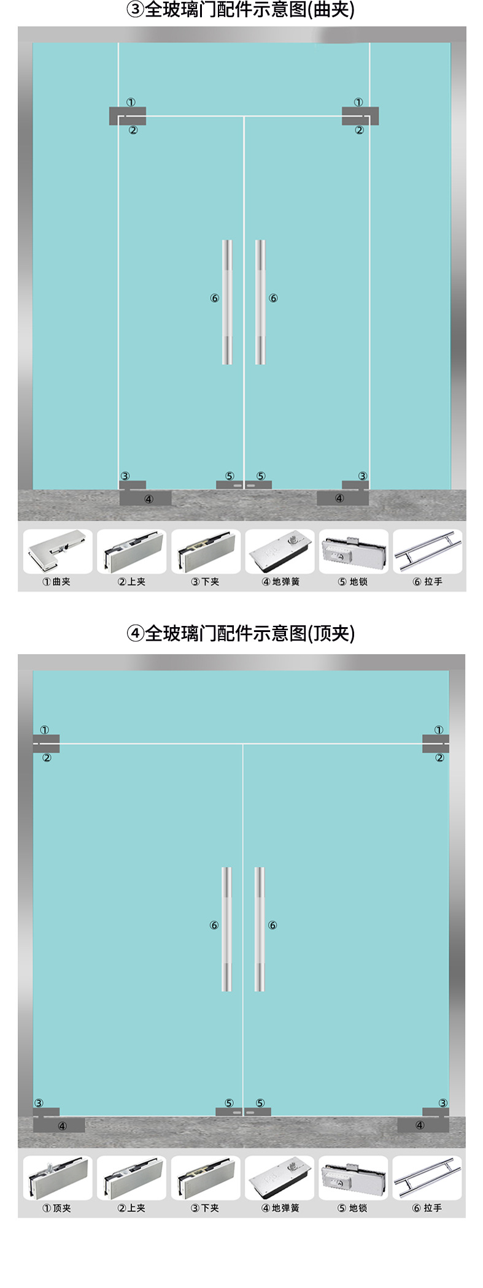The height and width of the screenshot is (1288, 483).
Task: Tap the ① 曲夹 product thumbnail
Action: pos(58,551)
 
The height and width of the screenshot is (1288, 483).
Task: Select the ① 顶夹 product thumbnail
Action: pos(58,1178)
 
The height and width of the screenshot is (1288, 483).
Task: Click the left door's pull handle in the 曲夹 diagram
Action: pos(227,302)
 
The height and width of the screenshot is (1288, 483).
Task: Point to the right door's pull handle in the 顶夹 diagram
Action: pos(260,929)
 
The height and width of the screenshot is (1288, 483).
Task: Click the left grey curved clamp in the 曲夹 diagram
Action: pos(127,116)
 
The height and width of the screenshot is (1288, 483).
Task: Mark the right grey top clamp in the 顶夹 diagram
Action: pos(435,744)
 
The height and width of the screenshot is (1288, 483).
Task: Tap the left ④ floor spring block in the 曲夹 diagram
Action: pos(145,498)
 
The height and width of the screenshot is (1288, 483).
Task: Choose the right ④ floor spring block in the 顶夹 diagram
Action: pos(423,1125)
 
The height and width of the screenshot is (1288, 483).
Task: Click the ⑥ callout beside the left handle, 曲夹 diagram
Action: pos(214,299)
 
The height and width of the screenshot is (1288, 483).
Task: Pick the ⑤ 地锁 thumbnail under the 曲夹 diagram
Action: pos(354,551)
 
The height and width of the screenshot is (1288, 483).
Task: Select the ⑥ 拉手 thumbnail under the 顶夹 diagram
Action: pos(427,1178)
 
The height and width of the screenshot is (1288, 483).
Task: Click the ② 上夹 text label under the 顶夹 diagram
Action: pos(132,1208)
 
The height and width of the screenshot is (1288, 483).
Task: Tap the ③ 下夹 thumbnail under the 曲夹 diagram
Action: pos(206,551)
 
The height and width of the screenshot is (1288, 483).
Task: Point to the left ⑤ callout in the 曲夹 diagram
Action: pos(230,476)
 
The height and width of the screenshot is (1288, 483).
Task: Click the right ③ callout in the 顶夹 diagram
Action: pos(442,1103)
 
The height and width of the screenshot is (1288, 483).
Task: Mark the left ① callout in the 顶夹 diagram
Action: pos(45,730)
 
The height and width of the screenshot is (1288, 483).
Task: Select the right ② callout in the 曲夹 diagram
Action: pos(360,130)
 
